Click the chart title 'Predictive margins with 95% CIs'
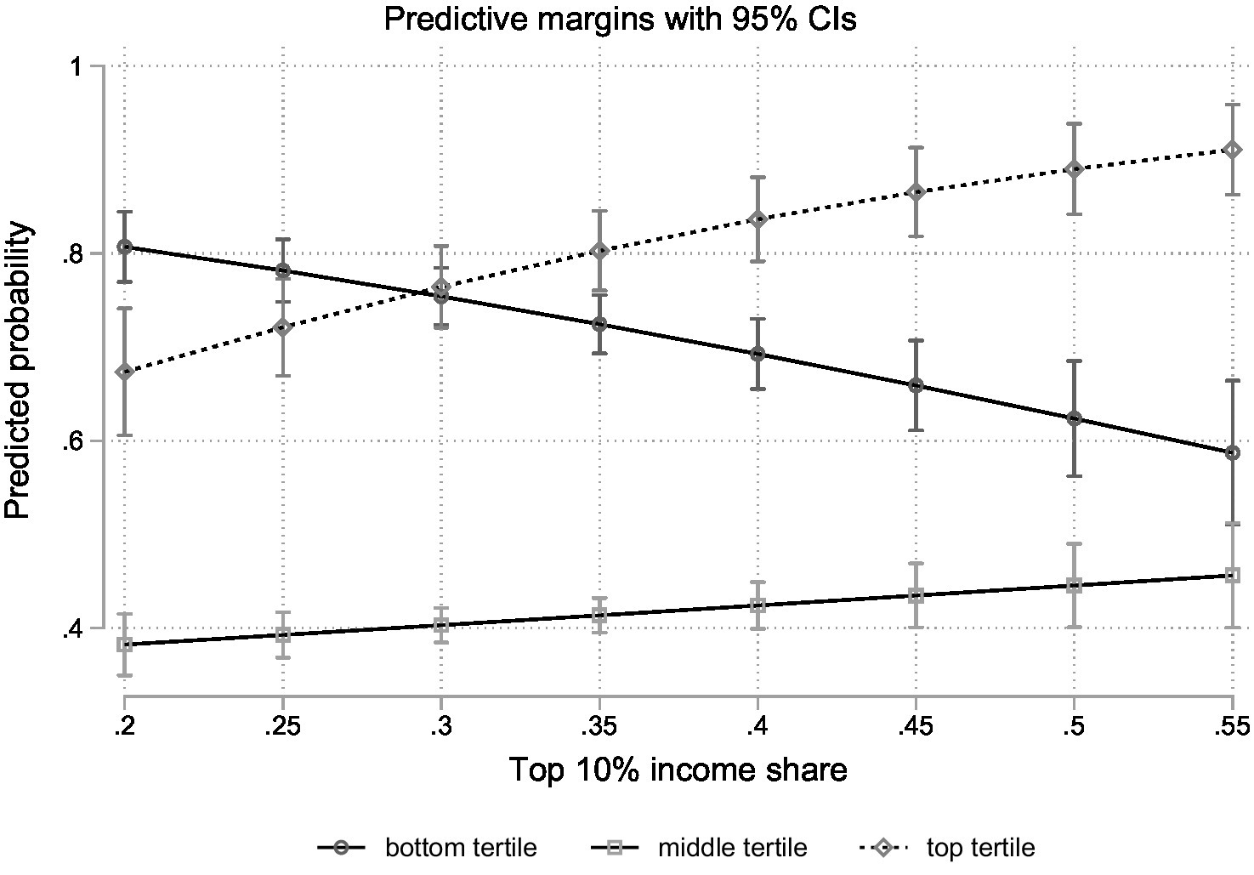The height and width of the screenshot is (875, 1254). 620,18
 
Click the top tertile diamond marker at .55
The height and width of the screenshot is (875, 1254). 1232,150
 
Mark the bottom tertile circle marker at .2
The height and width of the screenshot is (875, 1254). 125,247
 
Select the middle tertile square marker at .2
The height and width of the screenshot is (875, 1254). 125,645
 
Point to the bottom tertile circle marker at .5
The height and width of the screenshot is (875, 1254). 1074,418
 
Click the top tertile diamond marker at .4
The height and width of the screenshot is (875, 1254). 758,219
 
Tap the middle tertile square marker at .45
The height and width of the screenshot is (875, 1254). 916,595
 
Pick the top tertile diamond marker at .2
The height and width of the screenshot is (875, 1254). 125,372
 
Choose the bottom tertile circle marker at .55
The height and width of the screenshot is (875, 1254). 1232,452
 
